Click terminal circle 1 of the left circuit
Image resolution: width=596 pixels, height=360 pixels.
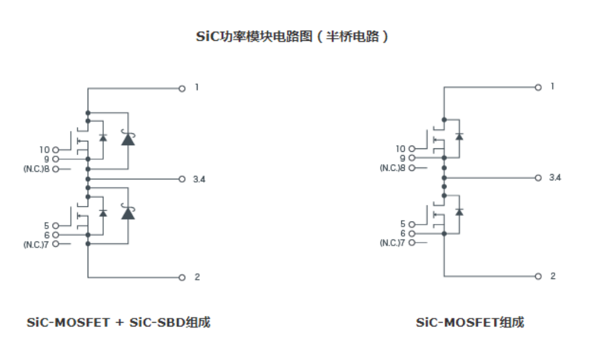[181, 88]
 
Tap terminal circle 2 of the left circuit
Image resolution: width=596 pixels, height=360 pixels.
[181, 277]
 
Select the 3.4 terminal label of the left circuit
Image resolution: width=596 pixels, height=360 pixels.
[199, 179]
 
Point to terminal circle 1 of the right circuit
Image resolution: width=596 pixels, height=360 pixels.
[538, 87]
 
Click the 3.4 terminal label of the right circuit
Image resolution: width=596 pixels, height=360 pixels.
[555, 177]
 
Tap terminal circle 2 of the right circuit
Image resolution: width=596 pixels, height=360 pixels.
[538, 276]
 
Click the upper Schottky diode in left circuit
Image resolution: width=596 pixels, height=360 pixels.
[128, 138]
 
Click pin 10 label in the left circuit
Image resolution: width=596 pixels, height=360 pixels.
[44, 150]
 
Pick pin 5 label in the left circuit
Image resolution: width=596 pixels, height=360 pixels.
[47, 225]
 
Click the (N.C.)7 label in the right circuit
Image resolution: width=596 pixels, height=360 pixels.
[393, 242]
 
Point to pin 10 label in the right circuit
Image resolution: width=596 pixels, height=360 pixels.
[401, 149]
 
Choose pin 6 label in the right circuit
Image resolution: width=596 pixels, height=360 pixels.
[403, 233]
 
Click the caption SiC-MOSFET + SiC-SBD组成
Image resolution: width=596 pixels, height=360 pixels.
[118, 323]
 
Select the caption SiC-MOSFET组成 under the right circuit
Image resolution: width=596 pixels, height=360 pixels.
[470, 323]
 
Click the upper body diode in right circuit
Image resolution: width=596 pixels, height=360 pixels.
[459, 136]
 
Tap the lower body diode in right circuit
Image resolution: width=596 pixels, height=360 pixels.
[459, 212]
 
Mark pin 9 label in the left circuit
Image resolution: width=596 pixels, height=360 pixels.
[47, 159]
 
